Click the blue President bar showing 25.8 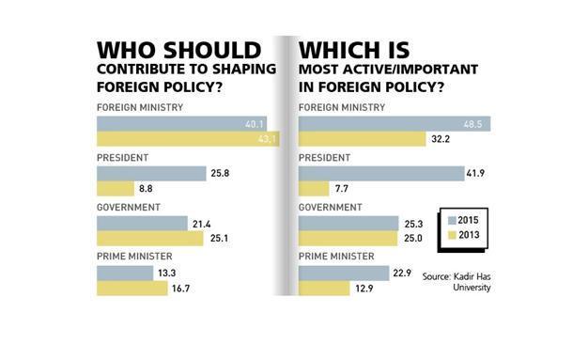tap(151, 173)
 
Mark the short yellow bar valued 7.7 tap(314, 189)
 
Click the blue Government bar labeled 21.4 tap(142, 223)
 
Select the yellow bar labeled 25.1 tap(150, 239)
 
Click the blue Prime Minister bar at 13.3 tap(125, 272)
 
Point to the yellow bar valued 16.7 tap(132, 288)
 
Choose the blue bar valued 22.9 tap(343, 272)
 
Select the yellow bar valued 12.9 tap(324, 288)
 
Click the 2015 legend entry tap(463, 220)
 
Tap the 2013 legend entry tap(463, 235)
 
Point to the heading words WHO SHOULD tap(179, 49)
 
